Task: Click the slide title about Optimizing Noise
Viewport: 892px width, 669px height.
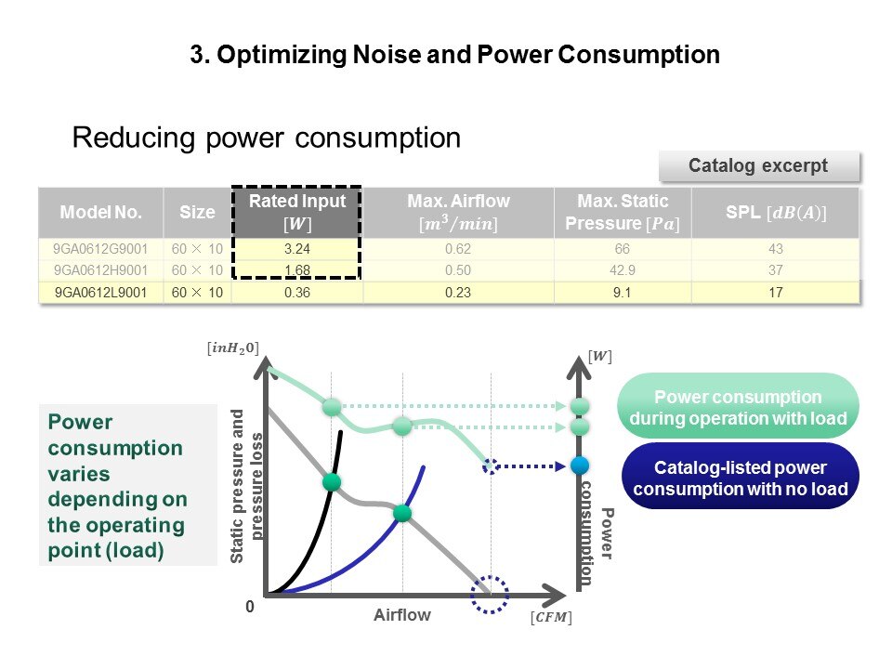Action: point(454,55)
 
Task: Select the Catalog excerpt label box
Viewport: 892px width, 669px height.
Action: point(759,166)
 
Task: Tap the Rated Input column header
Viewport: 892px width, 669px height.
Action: point(296,212)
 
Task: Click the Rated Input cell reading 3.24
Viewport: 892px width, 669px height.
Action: point(296,249)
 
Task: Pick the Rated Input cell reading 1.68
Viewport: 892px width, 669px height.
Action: point(296,269)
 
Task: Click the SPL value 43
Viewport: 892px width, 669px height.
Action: point(776,249)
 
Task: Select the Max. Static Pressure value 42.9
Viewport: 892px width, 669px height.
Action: point(623,269)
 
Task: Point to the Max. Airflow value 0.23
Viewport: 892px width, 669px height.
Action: point(458,293)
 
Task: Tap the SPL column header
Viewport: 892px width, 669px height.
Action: point(776,212)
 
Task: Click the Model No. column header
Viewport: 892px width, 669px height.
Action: point(100,212)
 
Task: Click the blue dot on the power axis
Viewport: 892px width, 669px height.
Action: point(581,466)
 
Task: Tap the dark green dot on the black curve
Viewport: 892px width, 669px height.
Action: point(332,481)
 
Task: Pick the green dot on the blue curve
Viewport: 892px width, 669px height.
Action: point(401,513)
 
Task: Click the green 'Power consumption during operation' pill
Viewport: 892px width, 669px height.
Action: point(738,407)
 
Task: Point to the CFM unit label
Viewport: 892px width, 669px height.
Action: point(551,617)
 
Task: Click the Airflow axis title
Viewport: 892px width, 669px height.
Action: point(401,615)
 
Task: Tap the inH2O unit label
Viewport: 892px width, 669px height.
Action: point(231,348)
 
